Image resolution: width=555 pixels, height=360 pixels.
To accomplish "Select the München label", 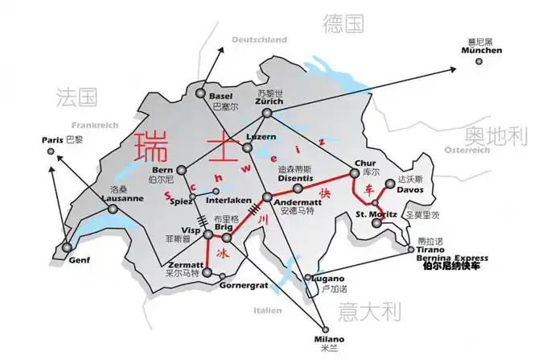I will coord(481,51).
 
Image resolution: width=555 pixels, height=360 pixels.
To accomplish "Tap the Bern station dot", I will coord(181,170).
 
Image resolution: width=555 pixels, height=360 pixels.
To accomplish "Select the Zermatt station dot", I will coord(208,273).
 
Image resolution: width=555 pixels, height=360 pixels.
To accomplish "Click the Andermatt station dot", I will coord(267,197).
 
